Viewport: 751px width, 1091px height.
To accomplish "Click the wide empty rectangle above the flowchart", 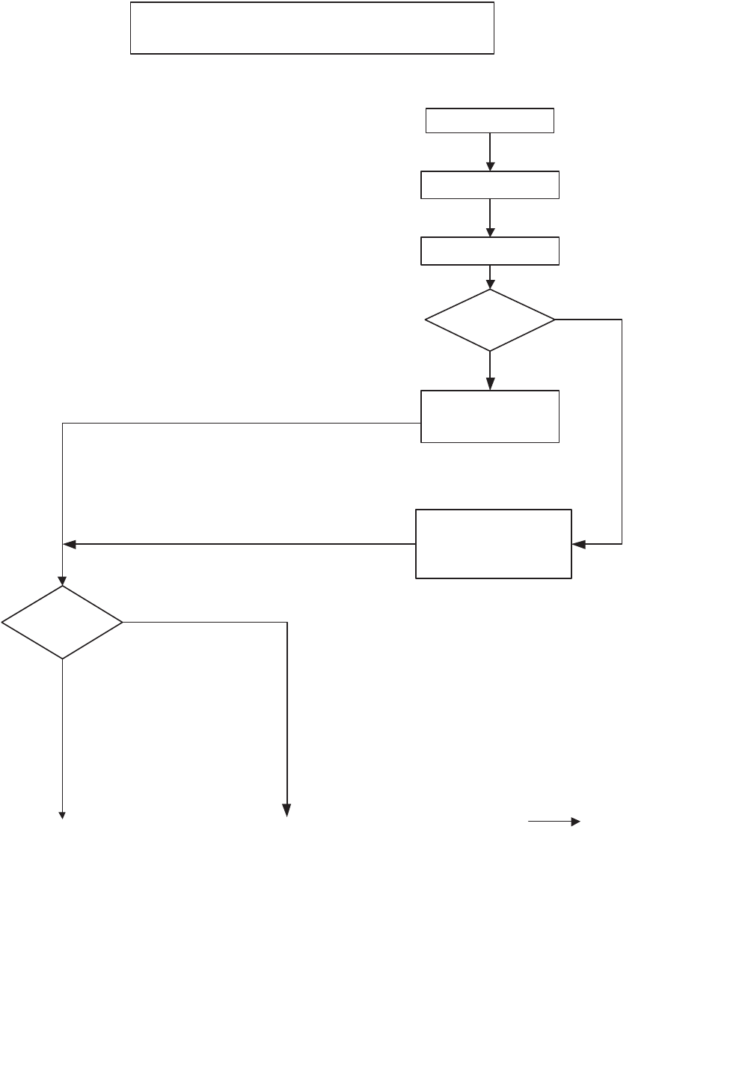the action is coord(312,28).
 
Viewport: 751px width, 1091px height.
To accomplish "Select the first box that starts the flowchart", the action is coord(490,120).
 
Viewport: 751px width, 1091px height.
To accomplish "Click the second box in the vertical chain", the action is coord(490,185).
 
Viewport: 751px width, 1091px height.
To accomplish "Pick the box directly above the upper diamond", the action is coord(490,251).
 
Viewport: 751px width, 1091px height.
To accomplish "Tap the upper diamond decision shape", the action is coord(490,320).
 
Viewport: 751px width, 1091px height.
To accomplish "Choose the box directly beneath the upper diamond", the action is coord(490,416).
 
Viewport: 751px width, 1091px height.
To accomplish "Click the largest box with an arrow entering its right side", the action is coord(494,544).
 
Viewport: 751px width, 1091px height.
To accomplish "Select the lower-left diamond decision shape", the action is coord(62,622).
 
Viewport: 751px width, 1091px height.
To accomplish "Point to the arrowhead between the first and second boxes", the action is coord(490,166).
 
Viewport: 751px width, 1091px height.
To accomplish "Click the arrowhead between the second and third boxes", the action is coord(490,232).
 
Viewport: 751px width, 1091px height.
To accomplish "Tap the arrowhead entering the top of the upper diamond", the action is coord(490,284).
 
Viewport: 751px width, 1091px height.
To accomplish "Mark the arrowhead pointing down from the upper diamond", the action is coord(490,385).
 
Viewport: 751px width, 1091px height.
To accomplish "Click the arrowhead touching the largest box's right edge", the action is coord(578,545).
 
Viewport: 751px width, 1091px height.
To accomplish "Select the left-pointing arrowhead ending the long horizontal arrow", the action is coord(69,545).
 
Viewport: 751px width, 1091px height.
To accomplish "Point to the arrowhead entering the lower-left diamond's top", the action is coord(62,581).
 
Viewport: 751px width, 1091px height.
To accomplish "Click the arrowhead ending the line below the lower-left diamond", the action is coord(62,815).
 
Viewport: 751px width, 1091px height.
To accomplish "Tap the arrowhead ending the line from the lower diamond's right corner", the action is coord(286,810).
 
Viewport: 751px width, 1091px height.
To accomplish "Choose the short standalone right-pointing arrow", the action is coord(554,822).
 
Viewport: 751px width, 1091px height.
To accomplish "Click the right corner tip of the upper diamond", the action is coord(555,320).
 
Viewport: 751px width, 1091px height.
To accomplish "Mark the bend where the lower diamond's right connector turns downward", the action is coord(287,622).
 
